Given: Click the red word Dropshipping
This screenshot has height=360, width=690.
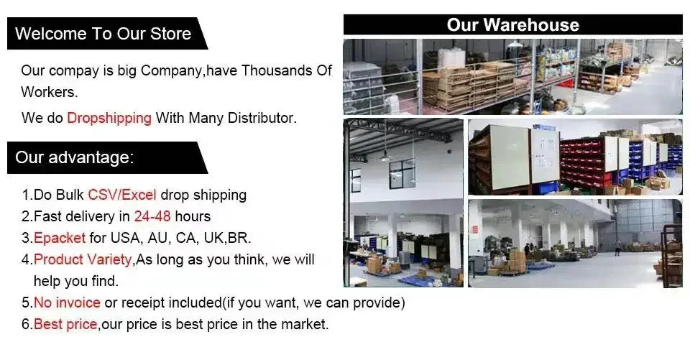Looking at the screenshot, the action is pos(109,118).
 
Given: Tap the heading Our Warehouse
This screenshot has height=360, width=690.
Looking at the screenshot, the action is pos(512,24).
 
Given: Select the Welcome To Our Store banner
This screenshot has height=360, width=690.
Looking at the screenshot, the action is pos(107,34).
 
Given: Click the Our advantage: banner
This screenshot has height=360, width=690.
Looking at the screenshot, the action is pos(107,157).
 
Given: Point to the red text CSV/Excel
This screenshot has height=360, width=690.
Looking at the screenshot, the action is pos(122,195).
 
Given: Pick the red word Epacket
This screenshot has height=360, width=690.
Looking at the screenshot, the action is pos(60,238).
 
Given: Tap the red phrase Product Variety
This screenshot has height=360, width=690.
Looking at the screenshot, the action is pos(83,259).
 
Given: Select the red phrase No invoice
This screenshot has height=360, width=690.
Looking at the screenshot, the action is pos(67,303).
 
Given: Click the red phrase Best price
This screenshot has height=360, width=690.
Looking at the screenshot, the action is pos(65,324).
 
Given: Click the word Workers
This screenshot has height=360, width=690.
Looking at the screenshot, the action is pos(49,92).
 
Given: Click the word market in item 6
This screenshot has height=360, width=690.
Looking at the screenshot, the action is pos(305,324).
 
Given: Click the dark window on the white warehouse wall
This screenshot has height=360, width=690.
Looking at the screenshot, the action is pos(402,173).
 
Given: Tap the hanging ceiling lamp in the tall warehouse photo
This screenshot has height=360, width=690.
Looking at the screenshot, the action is pos(385,156).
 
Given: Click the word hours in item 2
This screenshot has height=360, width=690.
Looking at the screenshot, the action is pos(193,216).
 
